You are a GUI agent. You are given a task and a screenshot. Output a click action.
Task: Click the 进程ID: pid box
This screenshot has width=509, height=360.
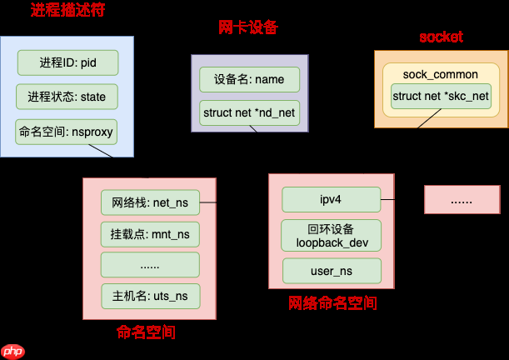coord(67,62)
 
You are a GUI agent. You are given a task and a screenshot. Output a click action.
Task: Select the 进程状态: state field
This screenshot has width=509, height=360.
coord(67,97)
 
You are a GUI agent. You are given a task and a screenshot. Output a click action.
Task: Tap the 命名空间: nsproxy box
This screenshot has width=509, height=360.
coord(67,132)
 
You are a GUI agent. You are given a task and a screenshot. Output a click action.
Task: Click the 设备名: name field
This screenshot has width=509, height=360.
coord(249,80)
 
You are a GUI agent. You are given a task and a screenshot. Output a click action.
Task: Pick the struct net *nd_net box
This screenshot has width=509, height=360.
coord(249,112)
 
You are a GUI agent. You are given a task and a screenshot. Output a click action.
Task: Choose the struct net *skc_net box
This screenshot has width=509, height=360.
coord(441,97)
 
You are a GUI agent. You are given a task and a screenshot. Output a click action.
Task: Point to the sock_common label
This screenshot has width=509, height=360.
coord(441,74)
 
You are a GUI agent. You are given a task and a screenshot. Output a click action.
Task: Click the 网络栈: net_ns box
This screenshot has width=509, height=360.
coord(150,202)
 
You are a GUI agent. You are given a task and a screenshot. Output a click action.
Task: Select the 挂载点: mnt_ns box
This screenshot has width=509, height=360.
coord(150,234)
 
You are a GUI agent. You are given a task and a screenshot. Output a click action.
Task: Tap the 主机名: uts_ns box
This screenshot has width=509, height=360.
coord(150,296)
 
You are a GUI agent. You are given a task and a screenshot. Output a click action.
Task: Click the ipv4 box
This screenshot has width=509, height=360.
coord(331,200)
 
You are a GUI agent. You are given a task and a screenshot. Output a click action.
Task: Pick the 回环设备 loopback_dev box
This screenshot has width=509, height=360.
coord(331,236)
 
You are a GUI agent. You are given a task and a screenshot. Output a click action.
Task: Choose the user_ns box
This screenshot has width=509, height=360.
coord(331,271)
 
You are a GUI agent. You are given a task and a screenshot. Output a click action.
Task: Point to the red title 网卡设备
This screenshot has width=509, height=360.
coord(247,28)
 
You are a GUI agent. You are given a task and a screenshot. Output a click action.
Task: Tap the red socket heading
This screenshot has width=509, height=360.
coord(440,37)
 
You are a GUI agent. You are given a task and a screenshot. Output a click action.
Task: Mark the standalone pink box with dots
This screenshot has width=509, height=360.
coord(461,201)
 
